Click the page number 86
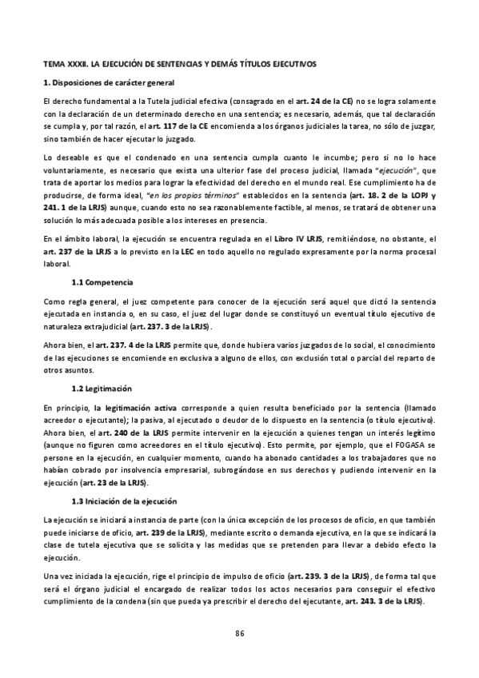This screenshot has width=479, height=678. pos(239,634)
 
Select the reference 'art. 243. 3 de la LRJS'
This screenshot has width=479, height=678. pos(381,600)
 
